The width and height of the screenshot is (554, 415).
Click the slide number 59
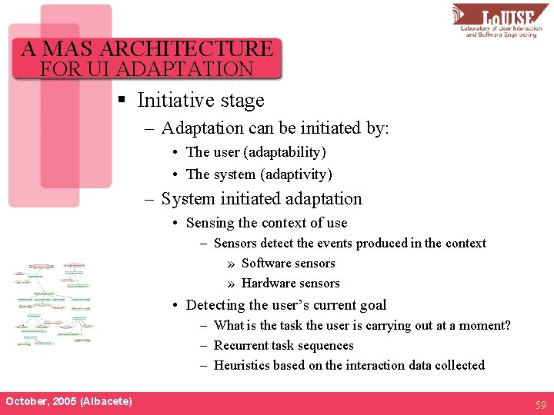[540, 403]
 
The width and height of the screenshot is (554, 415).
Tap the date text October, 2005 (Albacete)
[68, 401]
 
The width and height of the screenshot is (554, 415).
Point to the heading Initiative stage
[200, 101]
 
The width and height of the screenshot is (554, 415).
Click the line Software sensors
[288, 263]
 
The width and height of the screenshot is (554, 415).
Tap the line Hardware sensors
[290, 283]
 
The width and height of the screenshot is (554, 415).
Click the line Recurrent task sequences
[283, 345]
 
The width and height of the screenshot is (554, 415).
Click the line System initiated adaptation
[262, 199]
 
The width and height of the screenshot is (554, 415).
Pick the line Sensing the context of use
[266, 223]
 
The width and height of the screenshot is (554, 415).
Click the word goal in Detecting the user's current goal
[371, 305]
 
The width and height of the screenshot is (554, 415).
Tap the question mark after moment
[506, 325]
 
